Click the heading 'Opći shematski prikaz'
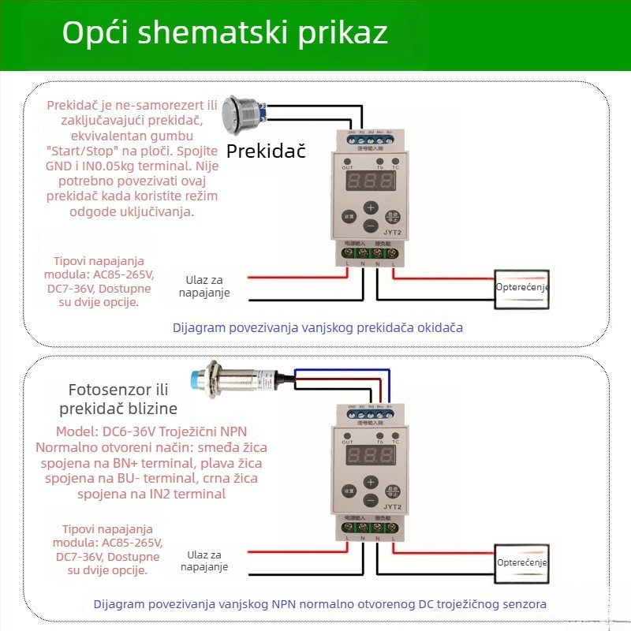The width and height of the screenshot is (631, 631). [x=225, y=33]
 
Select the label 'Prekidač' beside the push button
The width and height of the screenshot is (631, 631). [x=266, y=151]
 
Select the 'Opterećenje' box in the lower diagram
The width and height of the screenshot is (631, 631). [x=521, y=563]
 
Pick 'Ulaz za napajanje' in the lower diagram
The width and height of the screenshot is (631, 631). [x=204, y=561]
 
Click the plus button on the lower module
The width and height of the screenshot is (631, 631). [x=369, y=482]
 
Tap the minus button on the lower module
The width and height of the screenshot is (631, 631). [x=369, y=502]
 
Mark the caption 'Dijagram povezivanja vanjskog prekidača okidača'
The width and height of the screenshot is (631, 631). [x=317, y=327]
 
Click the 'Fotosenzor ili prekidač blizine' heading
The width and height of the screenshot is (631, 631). [x=118, y=398]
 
